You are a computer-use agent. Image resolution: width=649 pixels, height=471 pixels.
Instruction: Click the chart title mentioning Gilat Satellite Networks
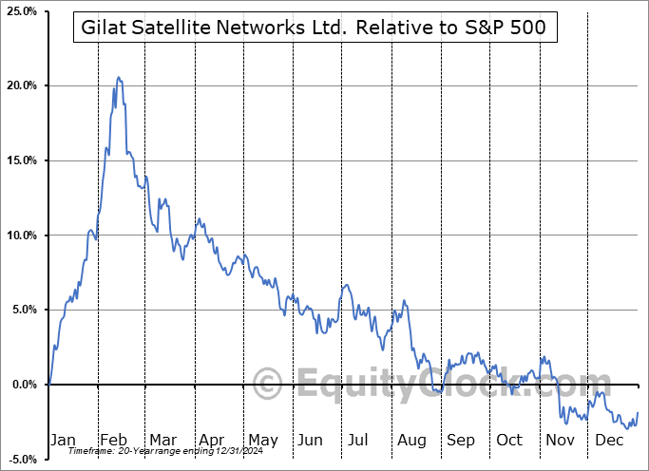tap(315, 28)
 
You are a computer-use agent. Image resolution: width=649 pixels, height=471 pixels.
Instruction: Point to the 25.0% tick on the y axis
tap(21, 11)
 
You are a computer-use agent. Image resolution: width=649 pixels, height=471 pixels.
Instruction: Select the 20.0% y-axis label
tap(21, 86)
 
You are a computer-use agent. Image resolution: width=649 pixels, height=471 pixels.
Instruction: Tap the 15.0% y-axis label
tap(21, 160)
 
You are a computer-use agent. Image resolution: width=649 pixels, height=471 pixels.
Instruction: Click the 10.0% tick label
tap(21, 235)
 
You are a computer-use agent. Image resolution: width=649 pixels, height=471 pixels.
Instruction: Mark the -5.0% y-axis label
tap(21, 459)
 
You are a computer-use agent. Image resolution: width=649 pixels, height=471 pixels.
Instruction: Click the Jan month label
tap(62, 440)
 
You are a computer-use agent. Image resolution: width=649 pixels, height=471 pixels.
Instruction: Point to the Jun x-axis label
tap(309, 440)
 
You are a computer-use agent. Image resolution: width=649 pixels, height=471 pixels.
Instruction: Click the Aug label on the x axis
tap(411, 440)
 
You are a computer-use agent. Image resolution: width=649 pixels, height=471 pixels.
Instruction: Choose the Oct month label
tap(509, 440)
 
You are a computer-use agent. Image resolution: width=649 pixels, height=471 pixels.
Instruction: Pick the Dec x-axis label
tap(607, 440)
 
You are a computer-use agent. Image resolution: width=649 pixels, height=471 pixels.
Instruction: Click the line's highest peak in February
tap(118, 77)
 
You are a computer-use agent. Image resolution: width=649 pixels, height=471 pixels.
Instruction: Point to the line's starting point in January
tap(49, 384)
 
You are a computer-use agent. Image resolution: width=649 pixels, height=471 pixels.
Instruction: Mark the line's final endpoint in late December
tap(637, 412)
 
